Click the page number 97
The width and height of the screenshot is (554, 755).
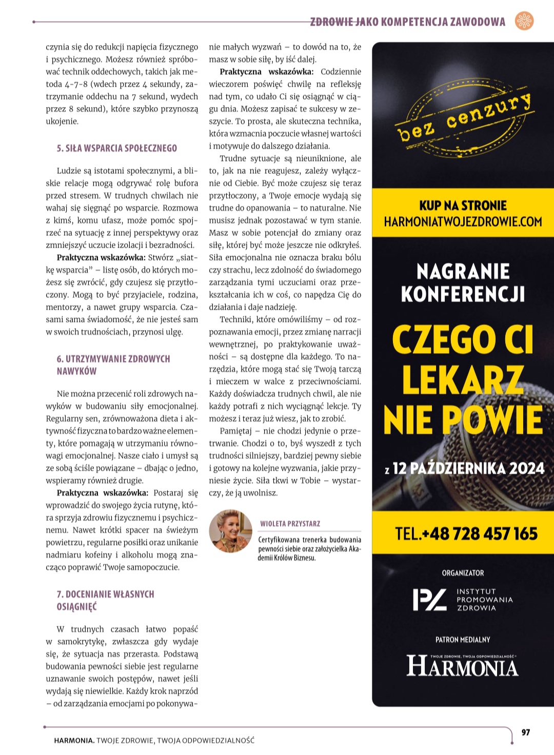[x=525, y=732]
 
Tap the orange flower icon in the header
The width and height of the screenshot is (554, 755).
[x=524, y=21]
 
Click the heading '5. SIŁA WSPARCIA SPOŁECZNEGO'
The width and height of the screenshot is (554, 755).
[x=116, y=148]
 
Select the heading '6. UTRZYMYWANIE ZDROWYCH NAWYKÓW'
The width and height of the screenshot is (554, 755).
[x=113, y=365]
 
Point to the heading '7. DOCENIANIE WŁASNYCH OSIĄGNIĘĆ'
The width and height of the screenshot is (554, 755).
[x=105, y=600]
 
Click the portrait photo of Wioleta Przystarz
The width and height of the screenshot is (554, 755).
[x=231, y=531]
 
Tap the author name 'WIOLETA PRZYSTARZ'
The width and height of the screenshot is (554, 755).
[x=290, y=524]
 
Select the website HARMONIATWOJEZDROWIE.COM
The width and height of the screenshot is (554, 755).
[x=463, y=222]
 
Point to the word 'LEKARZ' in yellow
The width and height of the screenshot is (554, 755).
[x=463, y=380]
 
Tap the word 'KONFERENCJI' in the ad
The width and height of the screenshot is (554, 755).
[x=463, y=294]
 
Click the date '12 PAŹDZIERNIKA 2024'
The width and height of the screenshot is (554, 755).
[x=468, y=468]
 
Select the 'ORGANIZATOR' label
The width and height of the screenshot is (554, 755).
[x=463, y=573]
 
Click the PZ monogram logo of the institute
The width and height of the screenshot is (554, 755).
[x=429, y=600]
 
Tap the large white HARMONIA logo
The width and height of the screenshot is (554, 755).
[x=463, y=667]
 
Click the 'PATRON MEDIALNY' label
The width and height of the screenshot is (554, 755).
[x=463, y=640]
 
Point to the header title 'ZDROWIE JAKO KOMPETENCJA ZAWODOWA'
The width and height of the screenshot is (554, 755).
[x=408, y=22]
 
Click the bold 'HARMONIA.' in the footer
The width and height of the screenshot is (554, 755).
[x=74, y=740]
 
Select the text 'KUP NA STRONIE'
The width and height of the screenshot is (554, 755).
[x=463, y=206]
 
